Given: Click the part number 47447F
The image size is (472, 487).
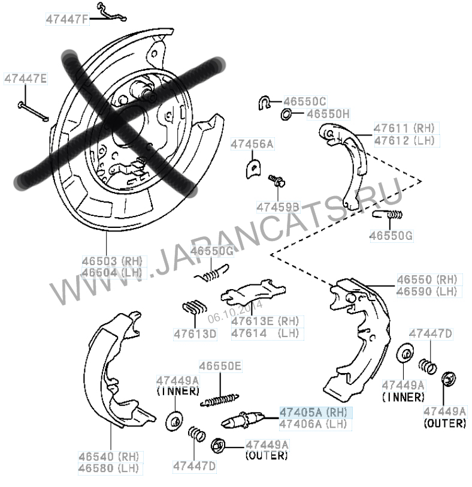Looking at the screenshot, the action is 68,19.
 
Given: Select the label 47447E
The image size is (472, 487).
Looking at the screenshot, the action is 25,79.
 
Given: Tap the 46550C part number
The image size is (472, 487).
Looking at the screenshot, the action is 305,101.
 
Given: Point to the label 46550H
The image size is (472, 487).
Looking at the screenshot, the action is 328,114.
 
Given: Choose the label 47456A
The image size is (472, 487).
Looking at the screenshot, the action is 252,144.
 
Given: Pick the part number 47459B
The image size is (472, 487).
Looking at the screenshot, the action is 278,207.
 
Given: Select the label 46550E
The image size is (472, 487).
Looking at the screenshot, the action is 220,366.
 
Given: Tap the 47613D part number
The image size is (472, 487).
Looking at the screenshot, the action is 195,334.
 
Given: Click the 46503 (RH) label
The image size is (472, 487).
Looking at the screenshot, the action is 112,261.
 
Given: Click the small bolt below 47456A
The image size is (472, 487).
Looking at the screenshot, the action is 277,180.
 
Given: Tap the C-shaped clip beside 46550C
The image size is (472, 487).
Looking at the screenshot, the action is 265,103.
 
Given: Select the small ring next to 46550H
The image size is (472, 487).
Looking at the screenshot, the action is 286,115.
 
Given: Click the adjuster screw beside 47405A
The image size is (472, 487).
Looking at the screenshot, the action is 242,419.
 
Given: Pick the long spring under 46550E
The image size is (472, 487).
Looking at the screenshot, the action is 220,400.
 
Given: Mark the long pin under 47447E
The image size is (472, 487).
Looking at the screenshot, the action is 33,111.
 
